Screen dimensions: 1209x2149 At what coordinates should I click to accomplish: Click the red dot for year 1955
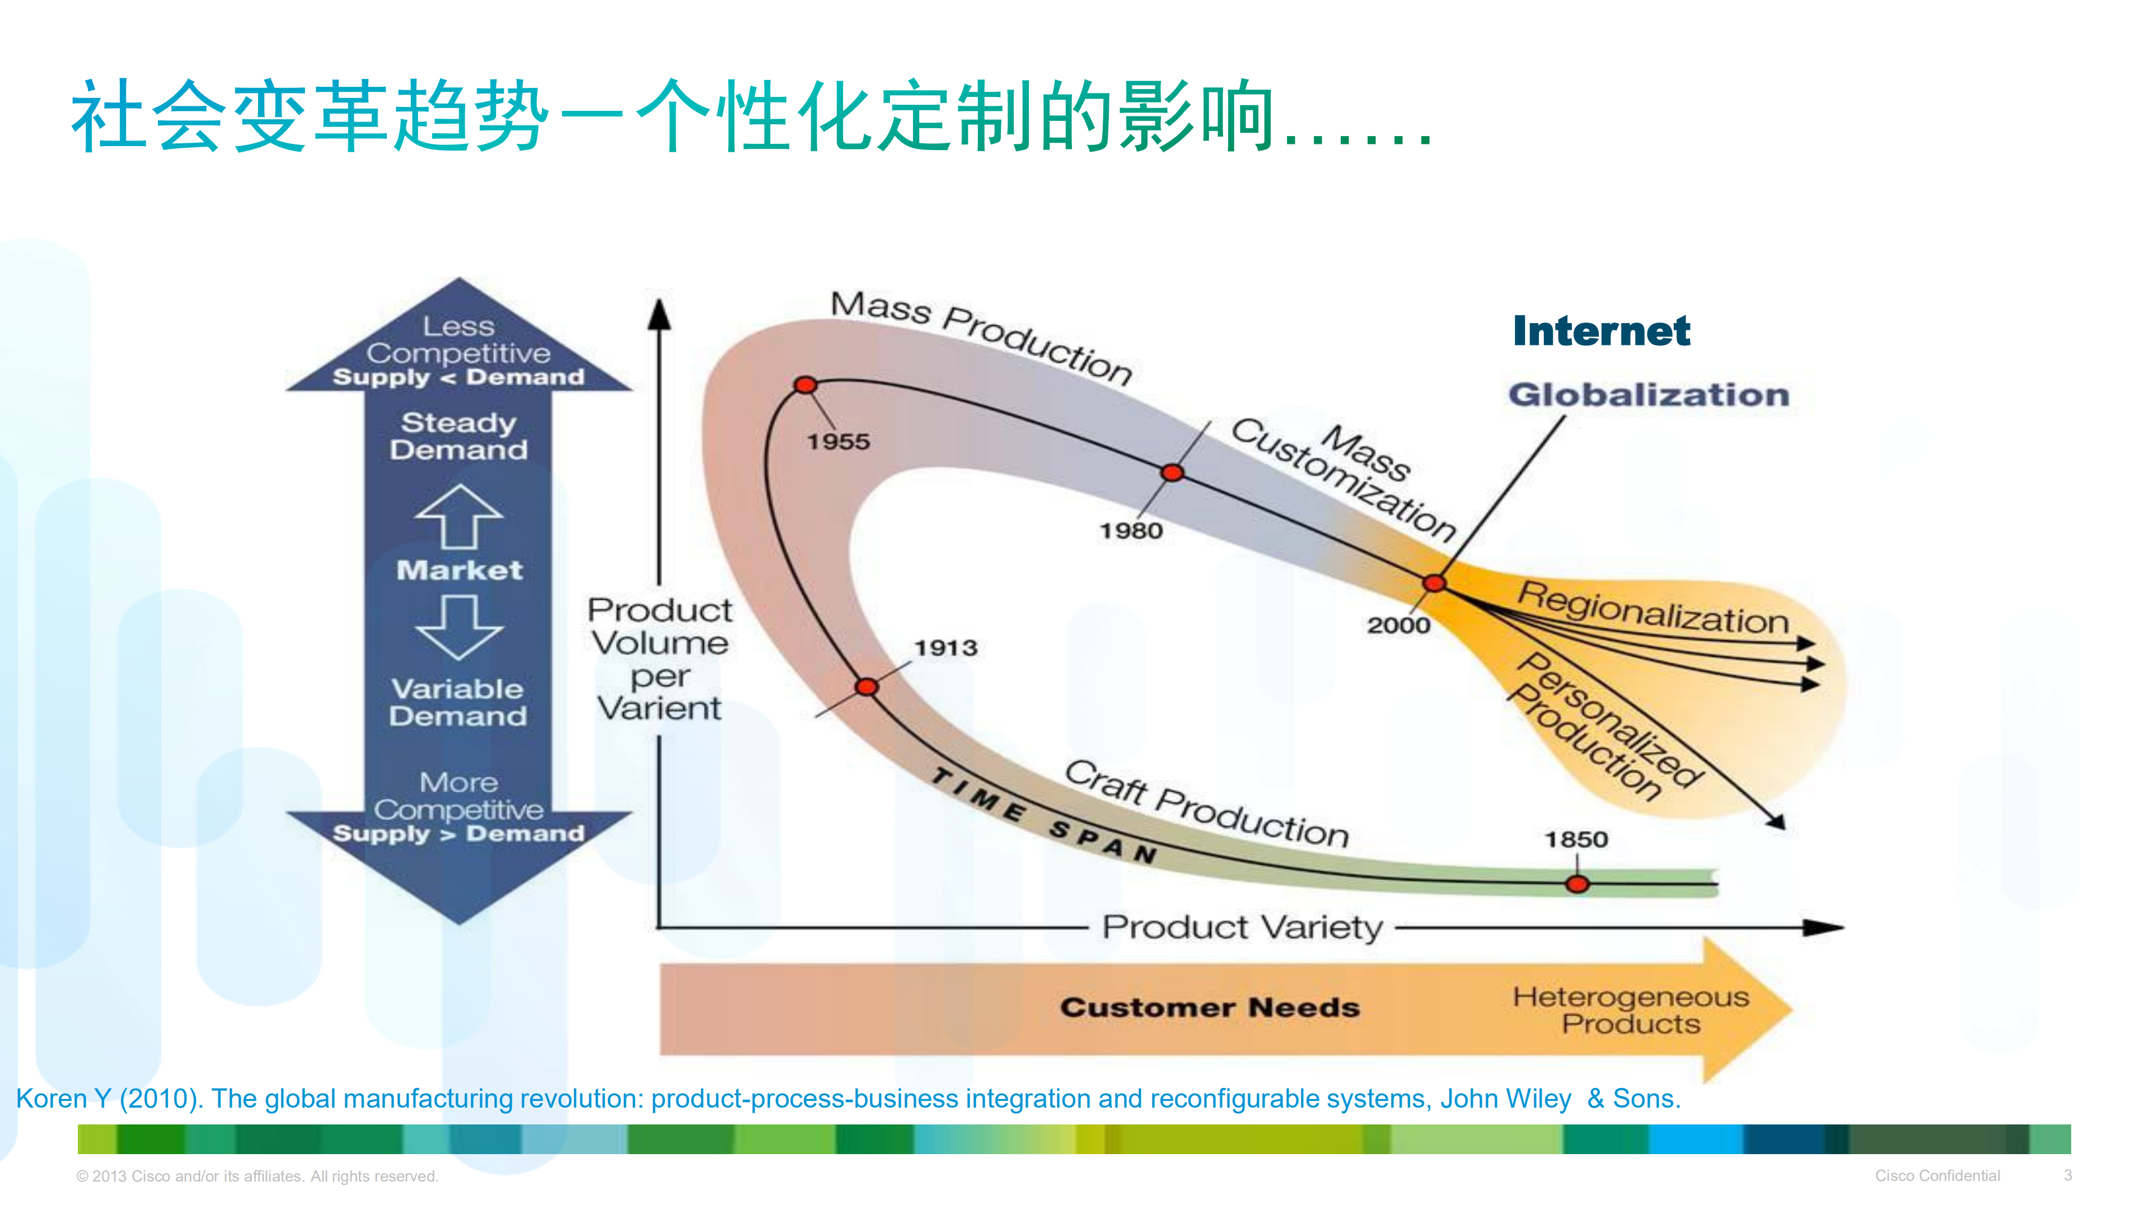click(805, 385)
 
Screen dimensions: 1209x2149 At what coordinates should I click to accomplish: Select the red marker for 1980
click(1172, 473)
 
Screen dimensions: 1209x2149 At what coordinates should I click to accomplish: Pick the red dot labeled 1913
click(867, 687)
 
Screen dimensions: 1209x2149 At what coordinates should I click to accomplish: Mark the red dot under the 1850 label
click(1577, 884)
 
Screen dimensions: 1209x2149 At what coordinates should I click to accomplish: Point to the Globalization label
click(1649, 395)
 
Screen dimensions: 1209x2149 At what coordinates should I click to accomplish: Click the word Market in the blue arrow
click(459, 570)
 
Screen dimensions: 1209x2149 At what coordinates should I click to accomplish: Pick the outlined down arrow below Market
click(459, 627)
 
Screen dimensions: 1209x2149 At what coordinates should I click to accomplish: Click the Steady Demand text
click(459, 436)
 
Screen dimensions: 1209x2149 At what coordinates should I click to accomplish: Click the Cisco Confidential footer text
click(1937, 1175)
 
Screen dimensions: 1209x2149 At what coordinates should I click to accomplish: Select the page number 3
click(2067, 1175)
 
